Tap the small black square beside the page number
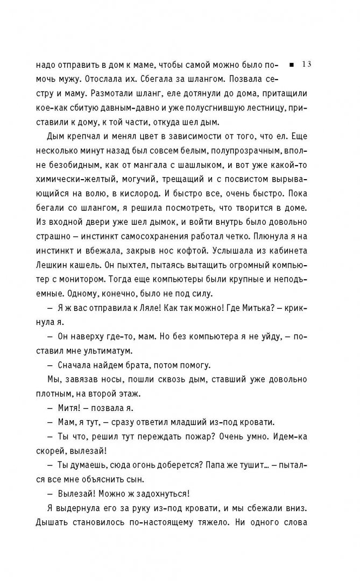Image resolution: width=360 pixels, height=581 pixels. click(291, 65)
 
